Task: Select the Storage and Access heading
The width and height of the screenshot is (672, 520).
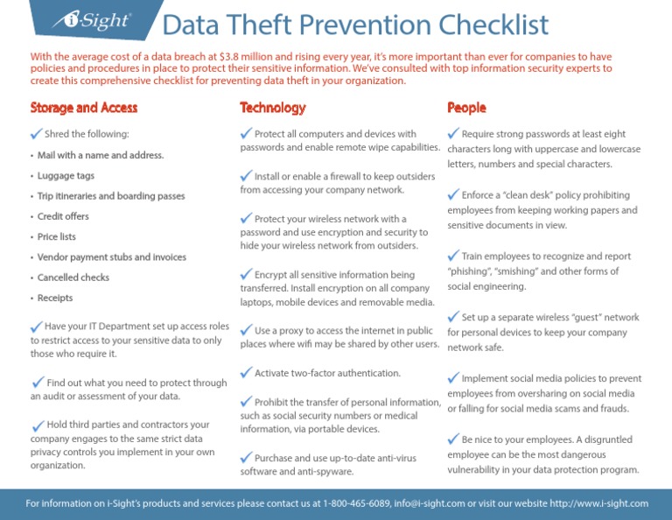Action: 83,108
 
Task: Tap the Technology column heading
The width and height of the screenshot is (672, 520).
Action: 273,108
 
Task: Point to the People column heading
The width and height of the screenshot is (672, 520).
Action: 466,108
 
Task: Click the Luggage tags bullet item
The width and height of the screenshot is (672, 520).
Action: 66,176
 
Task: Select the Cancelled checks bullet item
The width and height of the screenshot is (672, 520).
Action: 73,278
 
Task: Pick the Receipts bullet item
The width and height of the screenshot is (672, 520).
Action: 55,298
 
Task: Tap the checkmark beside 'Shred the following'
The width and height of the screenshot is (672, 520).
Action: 36,133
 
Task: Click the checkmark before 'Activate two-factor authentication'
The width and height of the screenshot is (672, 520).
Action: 246,373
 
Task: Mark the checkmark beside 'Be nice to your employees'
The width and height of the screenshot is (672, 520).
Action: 453,438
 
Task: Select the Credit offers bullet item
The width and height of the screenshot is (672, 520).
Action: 63,216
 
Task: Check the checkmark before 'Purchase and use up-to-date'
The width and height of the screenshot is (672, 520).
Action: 246,457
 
